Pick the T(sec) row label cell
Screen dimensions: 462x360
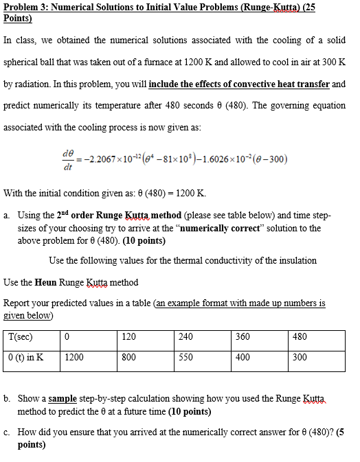[x=32, y=337]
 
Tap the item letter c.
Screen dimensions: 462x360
[x=6, y=432]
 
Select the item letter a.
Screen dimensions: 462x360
[x=6, y=216]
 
